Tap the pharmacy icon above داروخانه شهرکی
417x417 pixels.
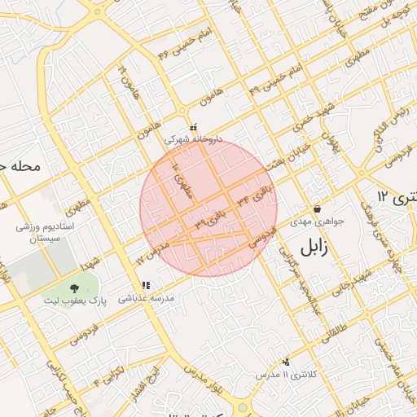(x=193, y=128)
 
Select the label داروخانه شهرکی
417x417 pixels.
(x=192, y=139)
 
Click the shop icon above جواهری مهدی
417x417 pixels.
(x=316, y=209)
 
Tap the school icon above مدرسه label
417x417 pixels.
(x=146, y=285)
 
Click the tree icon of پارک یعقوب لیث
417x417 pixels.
(x=74, y=288)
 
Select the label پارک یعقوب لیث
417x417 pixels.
(x=75, y=301)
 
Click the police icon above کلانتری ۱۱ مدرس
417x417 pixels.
(x=285, y=362)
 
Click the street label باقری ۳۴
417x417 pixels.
(x=255, y=195)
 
